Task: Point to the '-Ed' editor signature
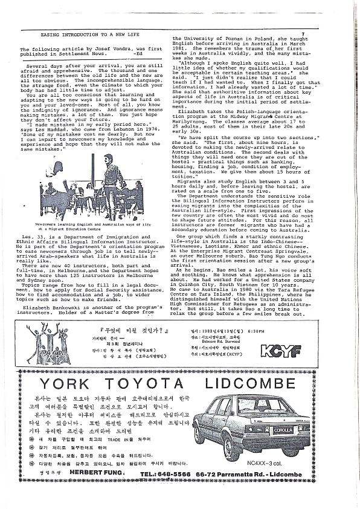[140, 54]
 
